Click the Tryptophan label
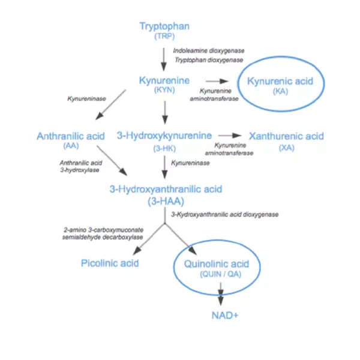click(164, 26)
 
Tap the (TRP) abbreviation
click(164, 36)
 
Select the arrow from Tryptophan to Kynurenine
click(164, 59)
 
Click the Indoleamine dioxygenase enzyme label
click(209, 50)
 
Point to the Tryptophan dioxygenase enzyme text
click(209, 60)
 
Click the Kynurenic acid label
click(280, 81)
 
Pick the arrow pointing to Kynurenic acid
click(217, 81)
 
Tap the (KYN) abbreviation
click(164, 90)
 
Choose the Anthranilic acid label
click(71, 136)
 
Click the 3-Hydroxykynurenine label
click(164, 136)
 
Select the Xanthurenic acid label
click(286, 136)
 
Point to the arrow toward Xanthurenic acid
click(230, 136)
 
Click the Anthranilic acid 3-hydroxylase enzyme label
click(80, 166)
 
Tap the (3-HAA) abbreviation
click(166, 202)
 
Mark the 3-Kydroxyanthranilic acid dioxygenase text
click(225, 214)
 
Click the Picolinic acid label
click(110, 263)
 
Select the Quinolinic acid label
click(217, 264)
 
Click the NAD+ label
click(225, 316)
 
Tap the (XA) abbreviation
click(287, 148)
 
